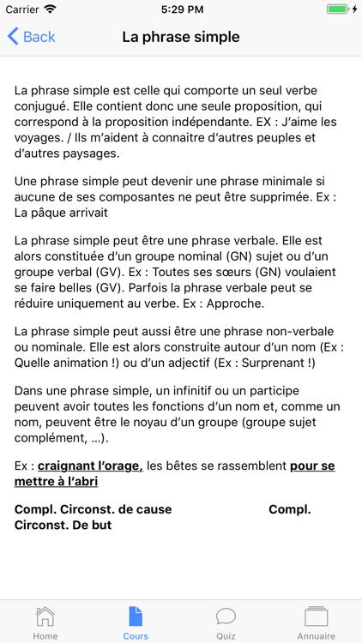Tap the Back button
pyautogui.click(x=31, y=37)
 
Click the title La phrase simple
pyautogui.click(x=181, y=37)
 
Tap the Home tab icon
pyautogui.click(x=45, y=617)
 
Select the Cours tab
pyautogui.click(x=136, y=622)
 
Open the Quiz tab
pyautogui.click(x=226, y=622)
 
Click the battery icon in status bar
pyautogui.click(x=341, y=9)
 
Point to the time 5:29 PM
pyautogui.click(x=181, y=9)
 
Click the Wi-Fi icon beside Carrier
pyautogui.click(x=50, y=9)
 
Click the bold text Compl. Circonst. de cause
pyautogui.click(x=93, y=509)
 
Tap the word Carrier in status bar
pyautogui.click(x=21, y=9)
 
